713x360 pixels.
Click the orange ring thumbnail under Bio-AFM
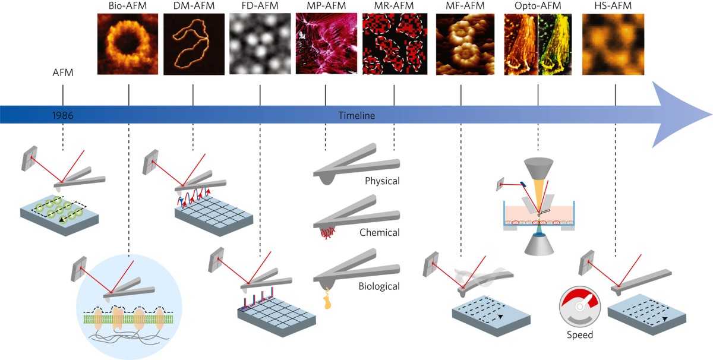128,45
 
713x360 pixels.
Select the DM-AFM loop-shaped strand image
194,45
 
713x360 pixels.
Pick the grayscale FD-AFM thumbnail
260,45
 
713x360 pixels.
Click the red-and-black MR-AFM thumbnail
393,45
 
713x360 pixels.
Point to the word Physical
382,181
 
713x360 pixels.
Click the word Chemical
380,233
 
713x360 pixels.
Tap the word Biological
379,286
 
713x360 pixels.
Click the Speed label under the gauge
579,335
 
